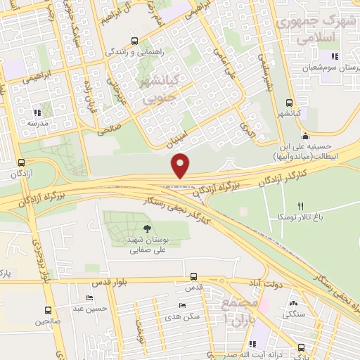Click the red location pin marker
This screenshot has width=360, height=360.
(x=181, y=165)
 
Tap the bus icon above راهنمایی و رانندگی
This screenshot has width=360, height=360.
(x=135, y=41)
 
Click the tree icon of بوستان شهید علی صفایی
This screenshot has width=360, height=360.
(x=146, y=229)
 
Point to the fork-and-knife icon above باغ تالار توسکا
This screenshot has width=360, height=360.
(x=301, y=207)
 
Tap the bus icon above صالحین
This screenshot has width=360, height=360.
(x=48, y=310)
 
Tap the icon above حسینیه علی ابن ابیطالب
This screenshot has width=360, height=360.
(x=304, y=137)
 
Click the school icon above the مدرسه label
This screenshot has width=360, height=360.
(x=39, y=111)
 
